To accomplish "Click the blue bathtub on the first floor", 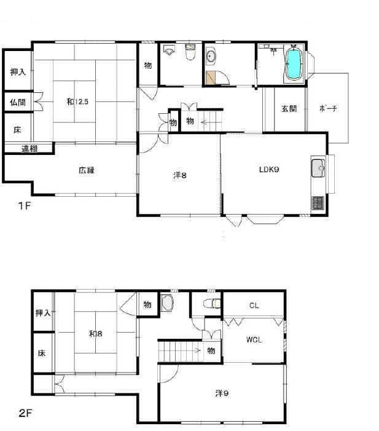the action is pyautogui.click(x=294, y=65).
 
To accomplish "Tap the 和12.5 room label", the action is pyautogui.click(x=77, y=101).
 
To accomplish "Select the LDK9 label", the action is pyautogui.click(x=269, y=170).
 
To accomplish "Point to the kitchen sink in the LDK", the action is pyautogui.click(x=318, y=168).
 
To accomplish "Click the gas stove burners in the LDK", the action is pyautogui.click(x=318, y=203).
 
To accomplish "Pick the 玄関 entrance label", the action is pyautogui.click(x=289, y=109).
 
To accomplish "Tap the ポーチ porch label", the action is pyautogui.click(x=328, y=108).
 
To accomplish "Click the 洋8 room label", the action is pyautogui.click(x=180, y=175).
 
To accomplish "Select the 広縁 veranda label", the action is pyautogui.click(x=87, y=170).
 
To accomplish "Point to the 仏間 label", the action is pyautogui.click(x=18, y=103).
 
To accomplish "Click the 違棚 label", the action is pyautogui.click(x=29, y=149).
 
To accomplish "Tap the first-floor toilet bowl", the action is pyautogui.click(x=190, y=52).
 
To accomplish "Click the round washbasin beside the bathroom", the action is pyautogui.click(x=211, y=57).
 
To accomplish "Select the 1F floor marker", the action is pyautogui.click(x=25, y=205).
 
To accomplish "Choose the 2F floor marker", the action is pyautogui.click(x=26, y=413).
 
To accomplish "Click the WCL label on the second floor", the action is pyautogui.click(x=254, y=340).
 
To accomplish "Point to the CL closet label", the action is pyautogui.click(x=254, y=306).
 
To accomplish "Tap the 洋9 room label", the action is pyautogui.click(x=222, y=393).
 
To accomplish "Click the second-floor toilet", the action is pyautogui.click(x=212, y=304).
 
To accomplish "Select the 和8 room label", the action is pyautogui.click(x=96, y=334).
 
